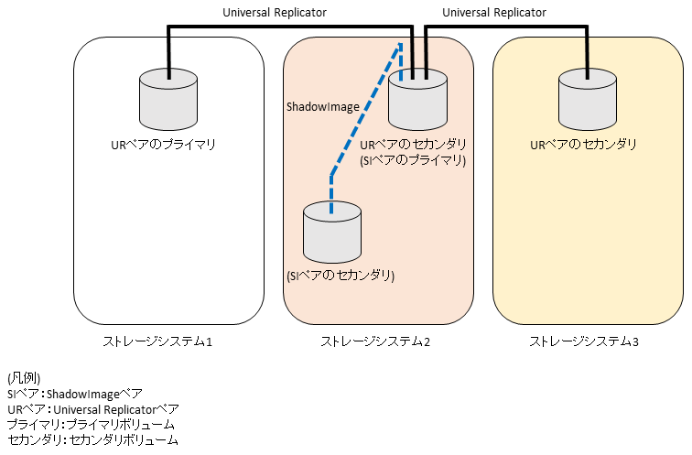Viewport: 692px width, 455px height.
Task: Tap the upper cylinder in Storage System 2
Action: (417, 102)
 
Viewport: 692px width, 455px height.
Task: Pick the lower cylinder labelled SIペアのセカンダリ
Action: (331, 232)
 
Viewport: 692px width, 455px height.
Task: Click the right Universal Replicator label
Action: (493, 13)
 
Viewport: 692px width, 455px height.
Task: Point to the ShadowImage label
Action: (323, 107)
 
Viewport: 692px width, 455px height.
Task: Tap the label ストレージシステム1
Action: (157, 342)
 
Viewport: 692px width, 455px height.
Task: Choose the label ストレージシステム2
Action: (375, 342)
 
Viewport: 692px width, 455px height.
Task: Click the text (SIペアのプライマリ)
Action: (414, 160)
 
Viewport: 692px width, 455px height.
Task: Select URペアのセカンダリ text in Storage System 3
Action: (584, 145)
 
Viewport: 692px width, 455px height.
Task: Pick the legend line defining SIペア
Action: (75, 394)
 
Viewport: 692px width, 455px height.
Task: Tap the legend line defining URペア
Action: (92, 409)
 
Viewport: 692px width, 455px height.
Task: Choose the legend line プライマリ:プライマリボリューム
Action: (90, 425)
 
